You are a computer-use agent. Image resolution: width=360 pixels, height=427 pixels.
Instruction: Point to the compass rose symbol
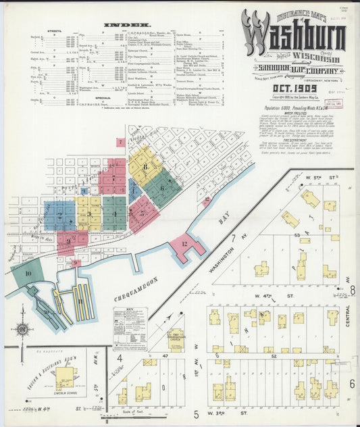[x=23, y=329]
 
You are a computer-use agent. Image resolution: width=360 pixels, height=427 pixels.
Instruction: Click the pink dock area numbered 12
[x=185, y=247]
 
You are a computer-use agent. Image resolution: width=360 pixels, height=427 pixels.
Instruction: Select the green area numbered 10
[x=27, y=274]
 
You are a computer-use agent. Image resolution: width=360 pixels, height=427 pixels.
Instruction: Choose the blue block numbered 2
[x=59, y=216]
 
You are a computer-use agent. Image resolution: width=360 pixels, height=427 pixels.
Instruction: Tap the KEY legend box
[x=130, y=328]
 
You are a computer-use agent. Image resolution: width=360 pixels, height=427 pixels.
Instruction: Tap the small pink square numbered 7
[x=120, y=143]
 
